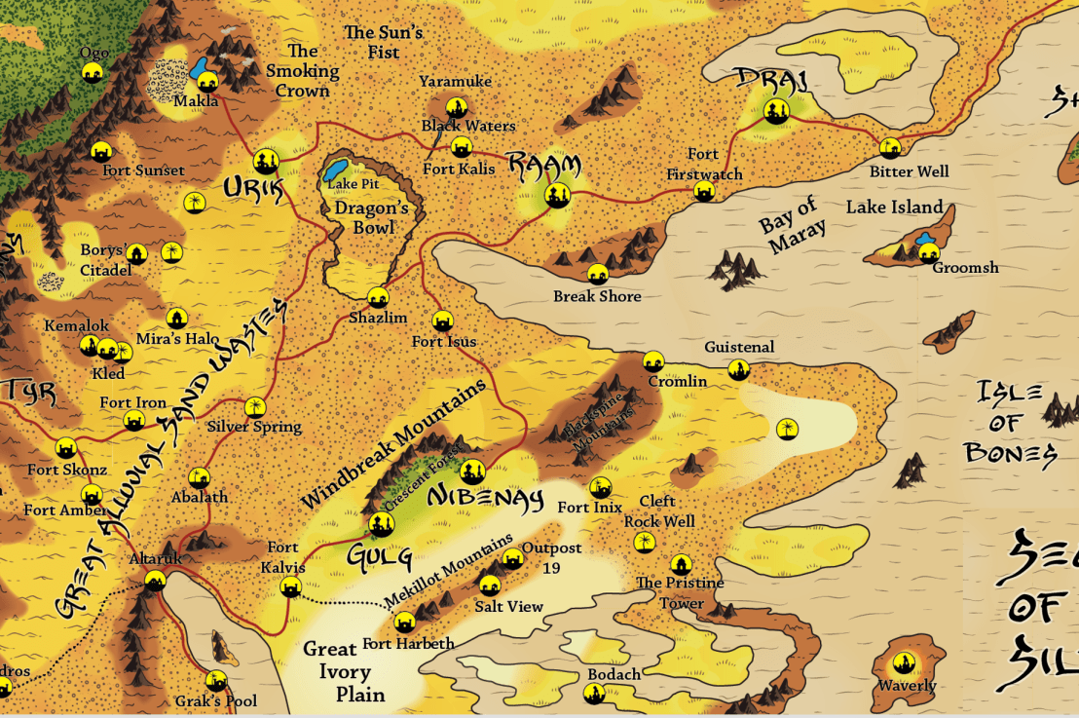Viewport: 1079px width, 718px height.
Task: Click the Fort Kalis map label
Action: (x=459, y=170)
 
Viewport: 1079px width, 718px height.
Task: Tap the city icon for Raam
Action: (x=557, y=195)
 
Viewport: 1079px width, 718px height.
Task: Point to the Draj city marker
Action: (x=775, y=110)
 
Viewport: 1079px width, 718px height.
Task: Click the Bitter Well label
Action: (x=909, y=172)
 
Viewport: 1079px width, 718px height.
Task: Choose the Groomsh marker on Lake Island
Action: (x=928, y=251)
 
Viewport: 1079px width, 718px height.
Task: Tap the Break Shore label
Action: (x=597, y=296)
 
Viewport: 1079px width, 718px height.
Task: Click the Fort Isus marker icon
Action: (x=442, y=321)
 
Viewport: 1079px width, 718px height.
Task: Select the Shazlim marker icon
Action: (x=378, y=297)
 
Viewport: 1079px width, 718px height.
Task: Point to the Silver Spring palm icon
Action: (x=255, y=406)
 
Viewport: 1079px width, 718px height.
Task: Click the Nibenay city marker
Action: (x=472, y=472)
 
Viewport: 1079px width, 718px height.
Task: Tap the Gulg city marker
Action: (x=381, y=525)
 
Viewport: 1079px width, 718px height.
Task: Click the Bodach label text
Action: (x=614, y=675)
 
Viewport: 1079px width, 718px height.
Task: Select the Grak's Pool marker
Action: (x=216, y=680)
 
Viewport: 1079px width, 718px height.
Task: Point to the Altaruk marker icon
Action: (x=155, y=581)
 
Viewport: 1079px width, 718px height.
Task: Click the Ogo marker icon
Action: (x=93, y=72)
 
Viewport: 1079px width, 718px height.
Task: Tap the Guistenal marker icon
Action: (x=739, y=369)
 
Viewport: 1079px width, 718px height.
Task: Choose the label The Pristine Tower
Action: (x=680, y=592)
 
